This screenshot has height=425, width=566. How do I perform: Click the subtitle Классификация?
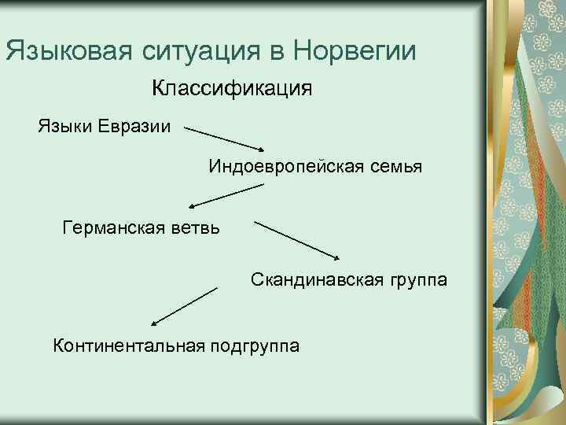(232, 87)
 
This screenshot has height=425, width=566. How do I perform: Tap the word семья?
(395, 166)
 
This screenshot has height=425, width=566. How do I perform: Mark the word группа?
(417, 279)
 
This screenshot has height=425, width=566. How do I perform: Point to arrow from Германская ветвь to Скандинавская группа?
(298, 239)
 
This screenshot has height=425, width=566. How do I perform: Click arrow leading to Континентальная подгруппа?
(184, 306)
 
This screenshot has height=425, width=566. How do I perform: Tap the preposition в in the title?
(274, 51)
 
